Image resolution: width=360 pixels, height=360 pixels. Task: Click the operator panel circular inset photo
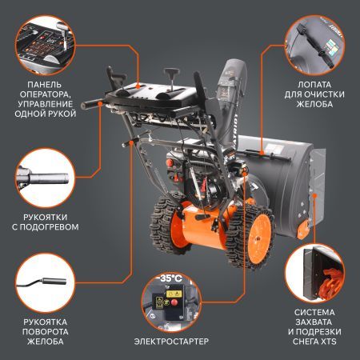45,40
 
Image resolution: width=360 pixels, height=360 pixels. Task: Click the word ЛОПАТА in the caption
314,82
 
